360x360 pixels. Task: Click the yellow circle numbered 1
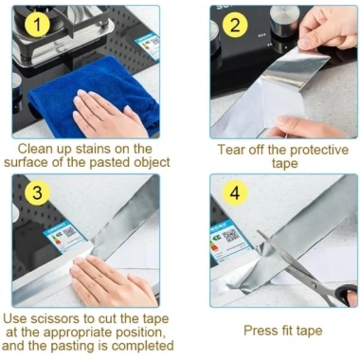(x=37, y=25)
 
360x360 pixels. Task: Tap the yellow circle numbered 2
(x=235, y=25)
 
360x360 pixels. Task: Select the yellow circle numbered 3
(x=37, y=192)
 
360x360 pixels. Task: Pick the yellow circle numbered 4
(x=235, y=192)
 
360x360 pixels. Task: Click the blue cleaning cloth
(x=95, y=95)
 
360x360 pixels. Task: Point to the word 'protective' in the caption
(x=319, y=151)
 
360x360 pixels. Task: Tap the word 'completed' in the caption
(x=143, y=346)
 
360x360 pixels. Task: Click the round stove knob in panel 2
(x=284, y=21)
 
